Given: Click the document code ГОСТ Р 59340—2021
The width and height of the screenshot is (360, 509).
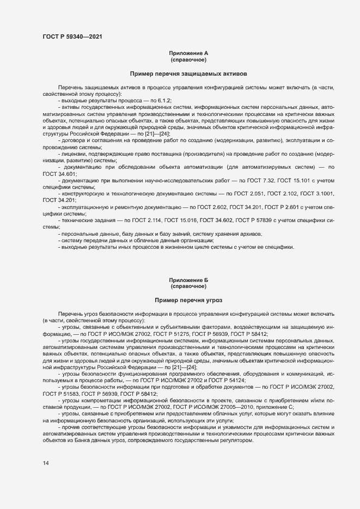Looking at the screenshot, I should coord(71,37).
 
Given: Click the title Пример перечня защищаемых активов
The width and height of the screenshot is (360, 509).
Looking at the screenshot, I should coord(188,73).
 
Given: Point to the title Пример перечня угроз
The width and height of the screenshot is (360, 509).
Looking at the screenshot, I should coord(188,300).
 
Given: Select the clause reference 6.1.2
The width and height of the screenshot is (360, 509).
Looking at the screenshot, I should coord(164,101).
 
